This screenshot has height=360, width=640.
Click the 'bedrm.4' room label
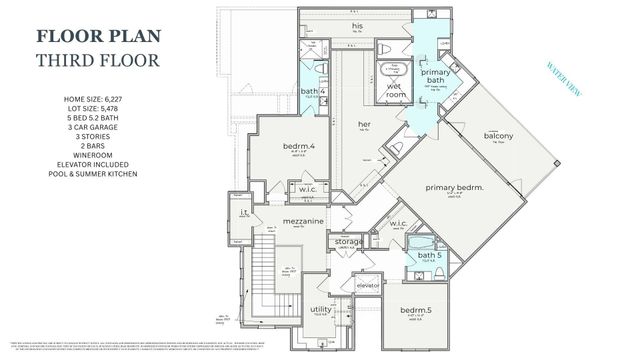[x=299, y=147]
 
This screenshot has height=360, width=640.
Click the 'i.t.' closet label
[x=243, y=212]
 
